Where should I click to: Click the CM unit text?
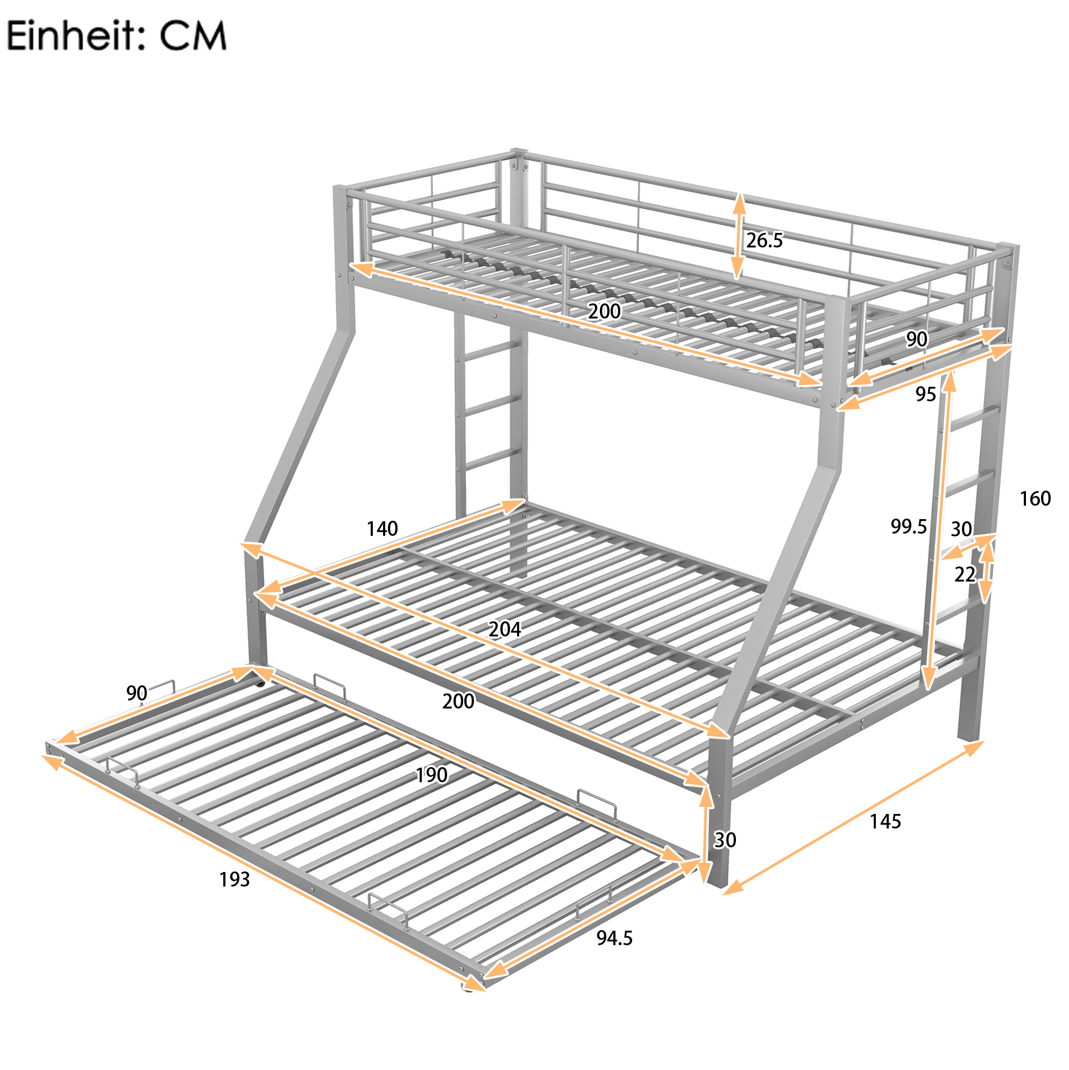(x=193, y=36)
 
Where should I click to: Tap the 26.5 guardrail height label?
(x=764, y=240)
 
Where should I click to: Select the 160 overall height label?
(x=1035, y=499)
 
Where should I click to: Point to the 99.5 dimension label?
(x=908, y=526)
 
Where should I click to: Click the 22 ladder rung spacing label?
(x=964, y=575)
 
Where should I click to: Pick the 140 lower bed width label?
(x=382, y=528)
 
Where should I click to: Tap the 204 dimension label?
(x=505, y=629)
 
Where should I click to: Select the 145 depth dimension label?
(x=885, y=821)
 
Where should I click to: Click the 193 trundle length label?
(x=234, y=880)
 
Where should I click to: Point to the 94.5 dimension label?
(x=614, y=938)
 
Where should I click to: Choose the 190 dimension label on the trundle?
(x=431, y=775)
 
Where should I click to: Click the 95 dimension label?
(x=925, y=394)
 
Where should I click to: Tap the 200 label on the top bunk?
(x=604, y=311)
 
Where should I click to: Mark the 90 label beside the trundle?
(x=136, y=693)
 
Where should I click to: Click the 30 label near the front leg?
(x=725, y=840)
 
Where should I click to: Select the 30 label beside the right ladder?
(x=961, y=529)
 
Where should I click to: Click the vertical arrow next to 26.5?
(x=738, y=236)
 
